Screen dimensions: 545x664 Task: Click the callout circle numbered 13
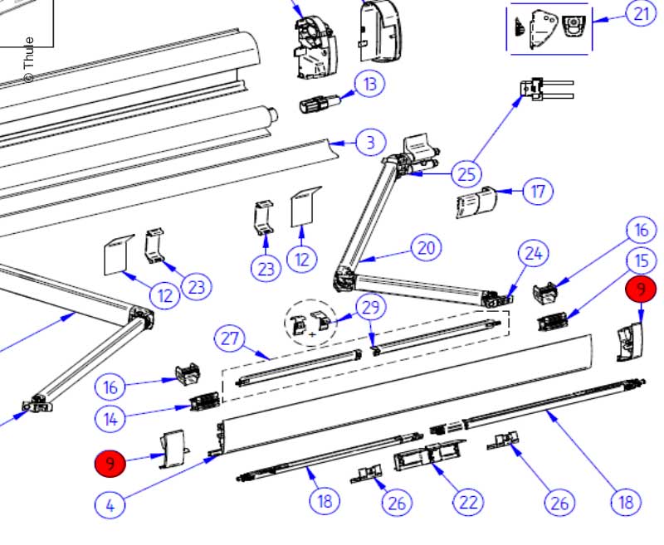(x=370, y=84)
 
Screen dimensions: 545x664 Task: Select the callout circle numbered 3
(x=370, y=143)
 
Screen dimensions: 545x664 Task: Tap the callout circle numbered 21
(x=641, y=14)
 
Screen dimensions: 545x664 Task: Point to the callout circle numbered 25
(x=466, y=174)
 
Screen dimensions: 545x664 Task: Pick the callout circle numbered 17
(x=538, y=192)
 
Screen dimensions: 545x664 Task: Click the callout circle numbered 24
(x=535, y=255)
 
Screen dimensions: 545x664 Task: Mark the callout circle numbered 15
(x=640, y=260)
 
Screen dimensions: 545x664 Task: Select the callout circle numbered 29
(x=370, y=306)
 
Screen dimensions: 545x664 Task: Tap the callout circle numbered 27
(x=232, y=339)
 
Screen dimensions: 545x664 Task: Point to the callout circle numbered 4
(x=110, y=503)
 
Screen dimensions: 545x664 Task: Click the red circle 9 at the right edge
(x=640, y=289)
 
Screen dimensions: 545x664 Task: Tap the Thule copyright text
(x=28, y=59)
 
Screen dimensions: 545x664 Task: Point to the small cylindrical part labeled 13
(x=316, y=106)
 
